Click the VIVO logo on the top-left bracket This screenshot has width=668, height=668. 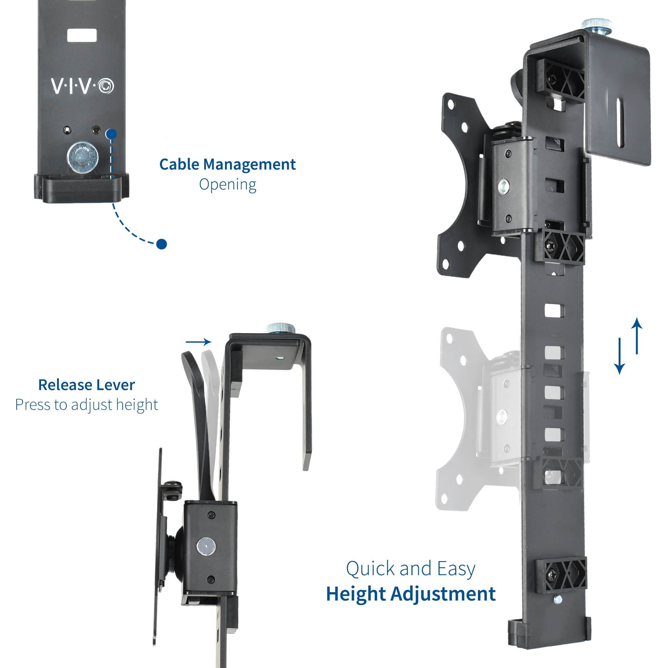point(82,86)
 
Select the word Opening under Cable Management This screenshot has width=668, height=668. point(227,184)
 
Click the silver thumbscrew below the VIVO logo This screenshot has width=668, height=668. point(82,158)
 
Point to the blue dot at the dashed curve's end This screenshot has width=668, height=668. point(161,244)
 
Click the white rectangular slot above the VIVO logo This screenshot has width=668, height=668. point(82,36)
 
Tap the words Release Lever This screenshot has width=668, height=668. point(87,385)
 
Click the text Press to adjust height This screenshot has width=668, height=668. point(87,404)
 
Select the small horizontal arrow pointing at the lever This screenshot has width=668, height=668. point(198,342)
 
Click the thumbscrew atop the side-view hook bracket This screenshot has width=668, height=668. point(281,327)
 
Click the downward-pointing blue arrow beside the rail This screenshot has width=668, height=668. point(619,356)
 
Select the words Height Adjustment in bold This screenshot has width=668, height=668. point(411,594)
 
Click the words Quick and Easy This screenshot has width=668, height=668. point(411,569)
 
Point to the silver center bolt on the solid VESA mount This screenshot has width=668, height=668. point(503,187)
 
